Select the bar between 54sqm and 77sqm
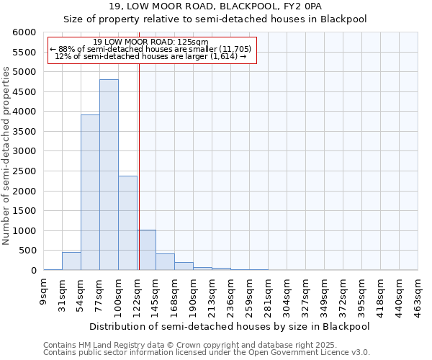90,192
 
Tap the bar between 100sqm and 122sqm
127,223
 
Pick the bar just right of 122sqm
147,250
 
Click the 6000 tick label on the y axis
23,32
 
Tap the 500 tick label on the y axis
26,251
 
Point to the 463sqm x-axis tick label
418,293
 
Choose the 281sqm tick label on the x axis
269,293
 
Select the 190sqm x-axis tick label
194,293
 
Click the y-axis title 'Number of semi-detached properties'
6,156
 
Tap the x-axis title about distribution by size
230,327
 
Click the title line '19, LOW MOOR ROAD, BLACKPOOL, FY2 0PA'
215,7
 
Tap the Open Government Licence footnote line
207,353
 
